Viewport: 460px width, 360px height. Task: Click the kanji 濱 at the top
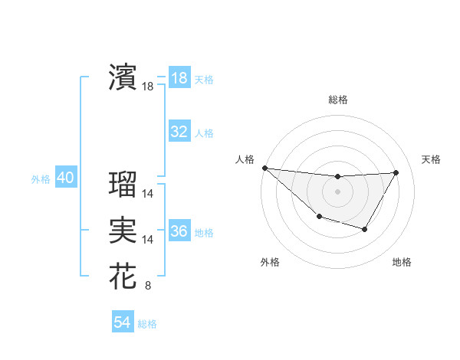click(x=123, y=77)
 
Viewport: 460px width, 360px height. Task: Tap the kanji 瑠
click(x=123, y=184)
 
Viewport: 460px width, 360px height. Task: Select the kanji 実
click(x=123, y=230)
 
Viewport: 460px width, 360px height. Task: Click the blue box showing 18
click(x=179, y=78)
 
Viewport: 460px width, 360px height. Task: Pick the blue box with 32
click(x=179, y=132)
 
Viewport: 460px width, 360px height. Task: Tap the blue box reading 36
click(x=179, y=231)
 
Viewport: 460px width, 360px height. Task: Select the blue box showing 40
click(x=65, y=178)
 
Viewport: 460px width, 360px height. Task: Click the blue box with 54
click(x=122, y=322)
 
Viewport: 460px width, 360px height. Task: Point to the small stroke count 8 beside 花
click(x=147, y=286)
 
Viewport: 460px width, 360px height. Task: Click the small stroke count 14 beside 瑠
click(x=148, y=195)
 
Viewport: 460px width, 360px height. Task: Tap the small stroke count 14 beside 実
click(x=148, y=241)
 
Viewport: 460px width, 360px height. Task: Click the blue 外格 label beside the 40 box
click(x=41, y=179)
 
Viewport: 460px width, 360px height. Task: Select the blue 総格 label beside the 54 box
click(x=147, y=324)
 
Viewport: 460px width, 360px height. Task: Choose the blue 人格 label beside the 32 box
click(x=204, y=133)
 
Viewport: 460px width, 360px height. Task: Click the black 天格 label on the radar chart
click(x=432, y=159)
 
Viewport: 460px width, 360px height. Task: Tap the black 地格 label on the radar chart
click(x=402, y=262)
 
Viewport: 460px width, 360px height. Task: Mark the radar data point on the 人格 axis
click(x=264, y=168)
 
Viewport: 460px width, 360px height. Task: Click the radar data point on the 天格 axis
click(x=396, y=172)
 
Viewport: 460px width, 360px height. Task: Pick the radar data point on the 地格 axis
click(x=365, y=229)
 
